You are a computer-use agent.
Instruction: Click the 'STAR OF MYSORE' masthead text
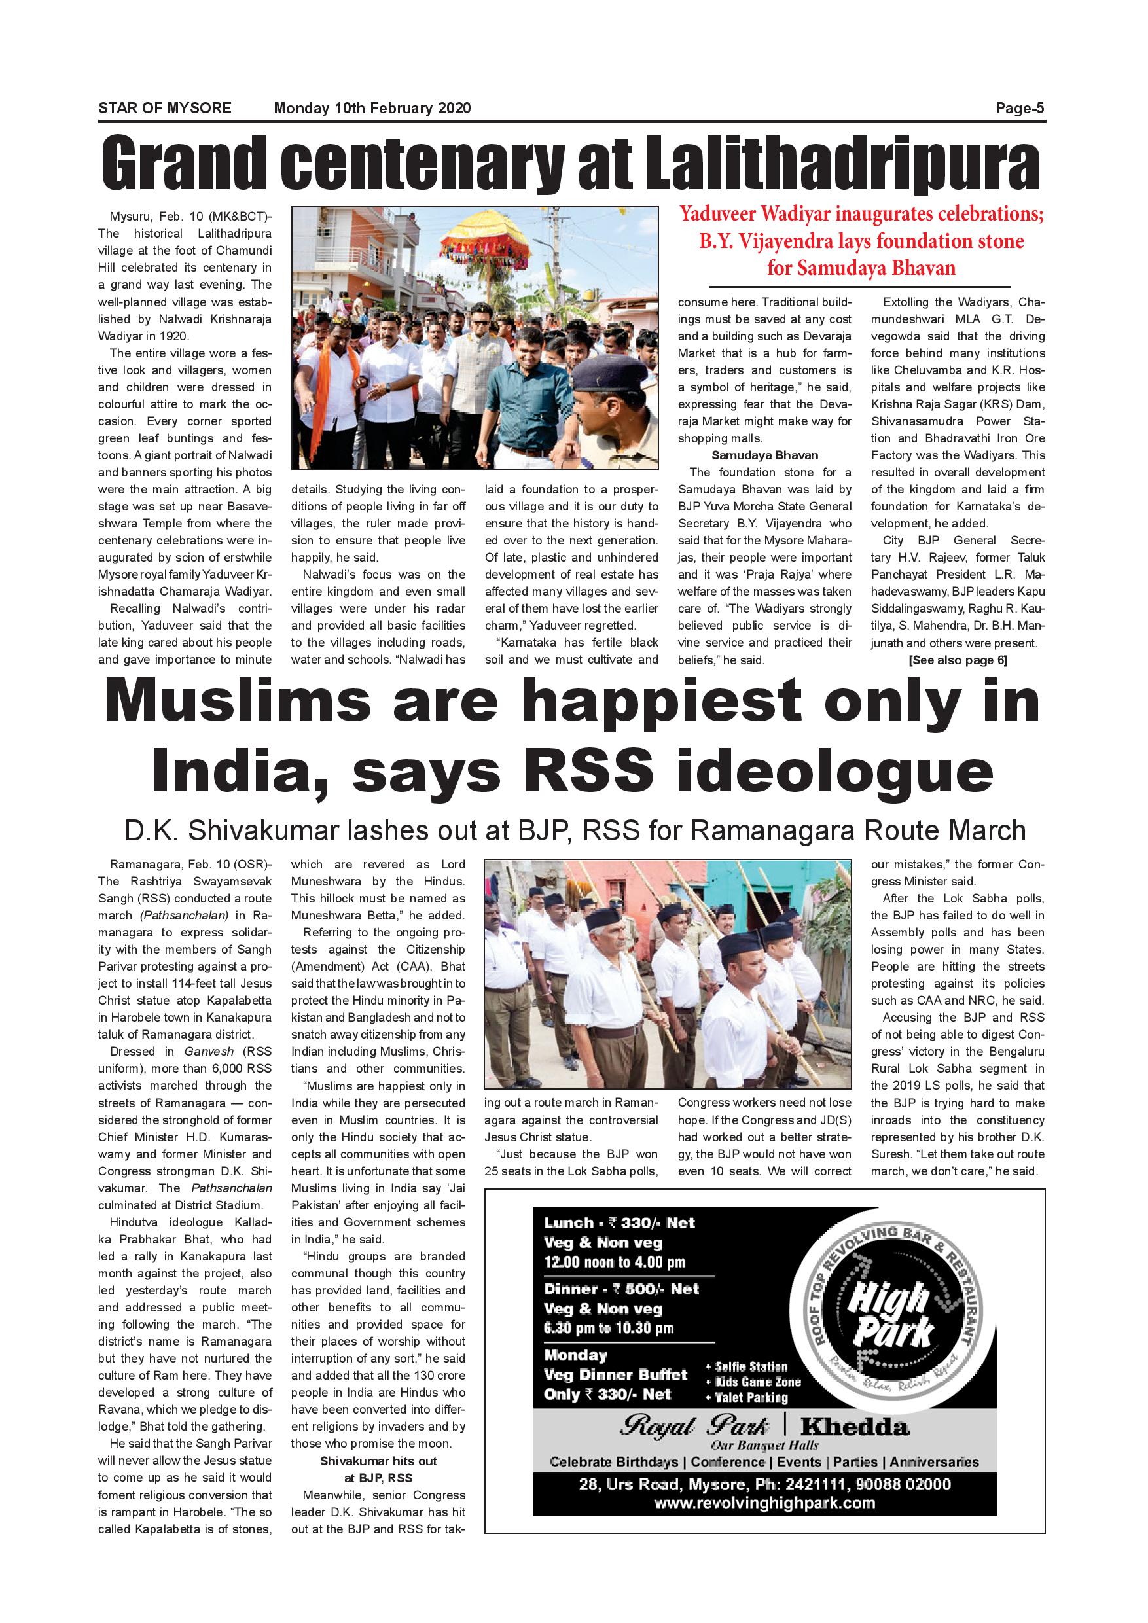coord(165,108)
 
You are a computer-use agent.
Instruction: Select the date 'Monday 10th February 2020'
coord(372,108)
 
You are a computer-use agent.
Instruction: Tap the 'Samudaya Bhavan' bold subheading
coord(764,455)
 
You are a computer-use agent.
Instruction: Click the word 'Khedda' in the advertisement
coord(854,1427)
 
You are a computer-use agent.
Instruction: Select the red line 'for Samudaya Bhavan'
coord(861,268)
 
